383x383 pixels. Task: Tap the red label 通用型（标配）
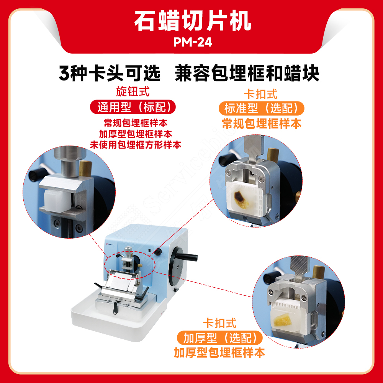pyautogui.click(x=133, y=107)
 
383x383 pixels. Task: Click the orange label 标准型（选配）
pyautogui.click(x=261, y=108)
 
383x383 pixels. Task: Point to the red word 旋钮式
pyautogui.click(x=133, y=92)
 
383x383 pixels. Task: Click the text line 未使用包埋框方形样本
pyautogui.click(x=135, y=144)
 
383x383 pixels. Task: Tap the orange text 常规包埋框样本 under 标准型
pyautogui.click(x=262, y=123)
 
